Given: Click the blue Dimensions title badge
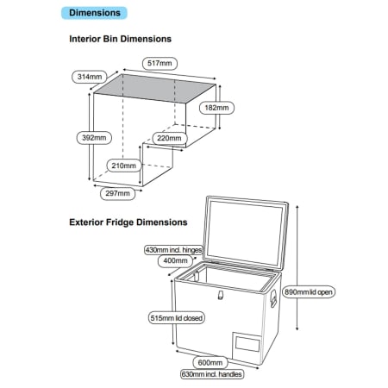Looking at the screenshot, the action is point(94,13).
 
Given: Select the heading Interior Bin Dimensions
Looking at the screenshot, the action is point(120,39).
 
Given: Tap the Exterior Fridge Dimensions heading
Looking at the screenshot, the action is point(128,222).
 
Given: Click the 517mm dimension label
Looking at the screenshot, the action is point(160,63).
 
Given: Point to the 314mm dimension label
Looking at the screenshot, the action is point(90,77).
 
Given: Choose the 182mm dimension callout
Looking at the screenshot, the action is point(216,108).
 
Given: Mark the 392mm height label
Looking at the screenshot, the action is point(94,138).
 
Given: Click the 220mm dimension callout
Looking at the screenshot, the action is point(169,138).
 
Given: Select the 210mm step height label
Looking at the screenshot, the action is point(124,166).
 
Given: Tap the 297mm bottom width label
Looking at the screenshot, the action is point(117,193).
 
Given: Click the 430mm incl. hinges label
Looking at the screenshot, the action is point(173,250).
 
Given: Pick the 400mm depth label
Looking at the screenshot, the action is point(175,261).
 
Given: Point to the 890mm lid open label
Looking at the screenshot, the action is point(309,292).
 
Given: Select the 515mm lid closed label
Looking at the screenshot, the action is point(177,318).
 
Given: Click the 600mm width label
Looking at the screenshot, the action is point(210,363).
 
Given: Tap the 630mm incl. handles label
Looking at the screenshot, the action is point(212,374).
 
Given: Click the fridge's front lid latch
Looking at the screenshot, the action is point(221,295).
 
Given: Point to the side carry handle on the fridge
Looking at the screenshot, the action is point(273,298).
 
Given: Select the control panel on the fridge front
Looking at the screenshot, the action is point(247,343).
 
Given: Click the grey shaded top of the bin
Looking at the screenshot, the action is point(155,89).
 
